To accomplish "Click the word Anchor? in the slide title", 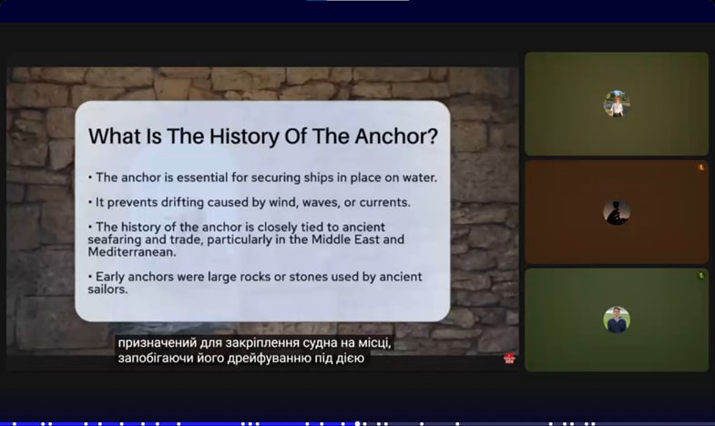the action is [x=396, y=137].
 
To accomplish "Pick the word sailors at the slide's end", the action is [x=107, y=289].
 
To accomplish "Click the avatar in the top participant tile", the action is [x=617, y=104].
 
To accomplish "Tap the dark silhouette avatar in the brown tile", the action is [x=617, y=212].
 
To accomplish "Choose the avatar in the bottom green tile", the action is [x=617, y=319].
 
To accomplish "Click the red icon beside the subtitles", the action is [x=509, y=359].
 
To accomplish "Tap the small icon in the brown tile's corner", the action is [x=701, y=167].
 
